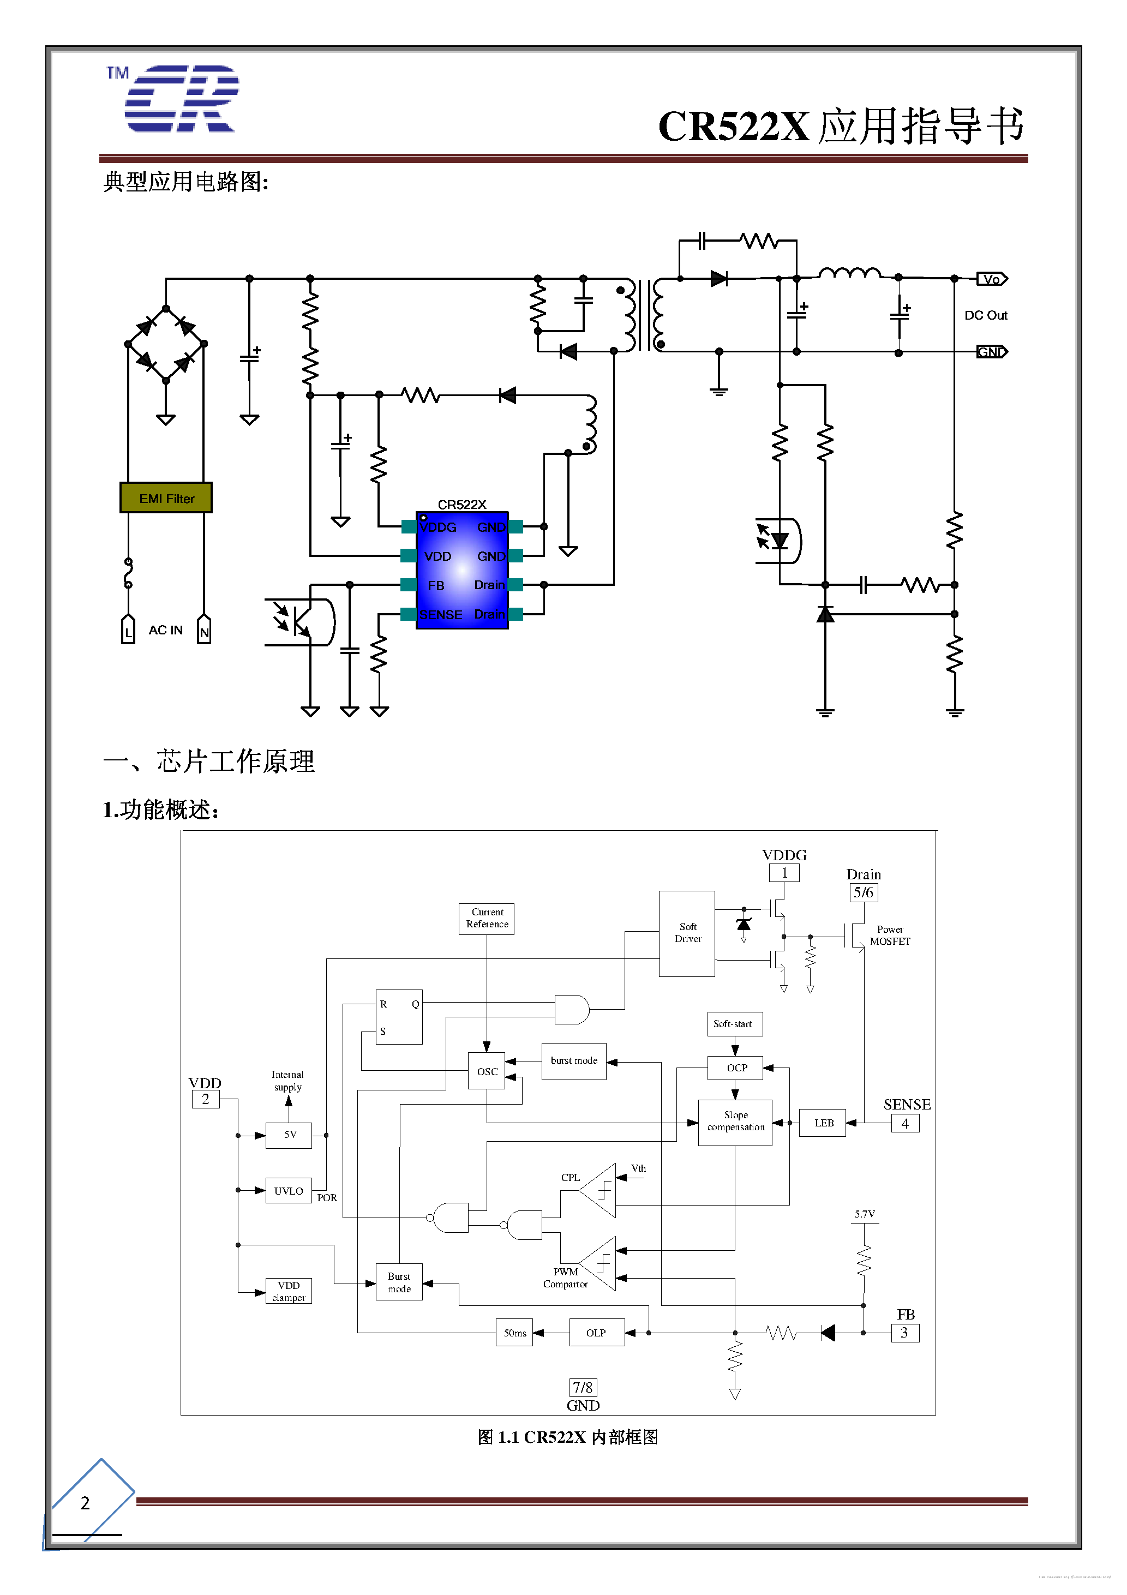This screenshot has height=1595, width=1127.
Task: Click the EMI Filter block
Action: (x=166, y=497)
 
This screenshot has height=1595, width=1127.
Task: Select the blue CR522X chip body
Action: (x=462, y=571)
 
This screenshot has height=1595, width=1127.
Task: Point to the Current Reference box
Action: (x=487, y=919)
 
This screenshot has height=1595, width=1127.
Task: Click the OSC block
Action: (x=487, y=1071)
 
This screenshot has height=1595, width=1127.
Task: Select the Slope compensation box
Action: (x=735, y=1121)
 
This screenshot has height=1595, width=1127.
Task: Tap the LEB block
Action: (x=823, y=1123)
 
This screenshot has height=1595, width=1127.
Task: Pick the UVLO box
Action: (x=289, y=1191)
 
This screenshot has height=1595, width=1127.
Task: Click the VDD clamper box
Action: (x=289, y=1291)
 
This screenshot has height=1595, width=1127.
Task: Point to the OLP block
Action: (x=596, y=1333)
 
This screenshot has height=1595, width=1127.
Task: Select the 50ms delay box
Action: (x=514, y=1333)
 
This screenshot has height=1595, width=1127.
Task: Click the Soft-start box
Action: (x=734, y=1024)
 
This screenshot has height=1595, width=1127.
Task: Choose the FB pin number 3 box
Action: (x=904, y=1333)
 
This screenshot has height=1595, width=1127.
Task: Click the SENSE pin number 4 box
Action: (x=904, y=1123)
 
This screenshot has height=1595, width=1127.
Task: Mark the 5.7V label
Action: (x=865, y=1214)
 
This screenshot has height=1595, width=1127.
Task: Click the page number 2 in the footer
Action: (x=85, y=1503)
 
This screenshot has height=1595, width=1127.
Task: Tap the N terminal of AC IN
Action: (x=203, y=630)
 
